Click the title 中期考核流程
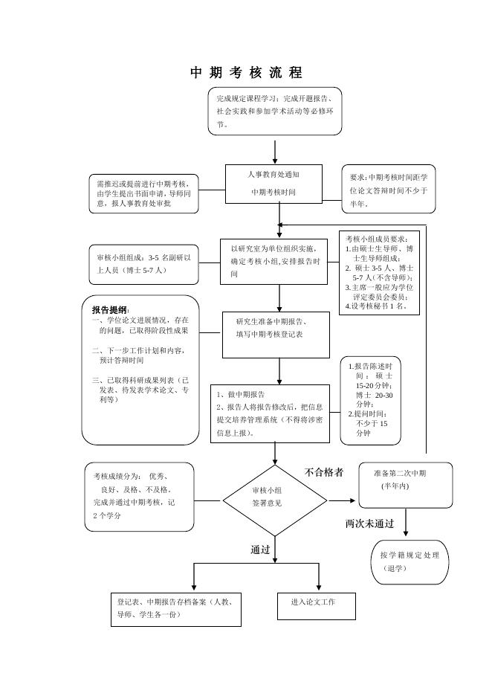[x=246, y=73]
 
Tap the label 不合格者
[x=324, y=472]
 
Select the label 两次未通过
[x=369, y=523]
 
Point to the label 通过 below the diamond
[x=260, y=550]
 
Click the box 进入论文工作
[x=317, y=605]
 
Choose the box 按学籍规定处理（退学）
[x=410, y=562]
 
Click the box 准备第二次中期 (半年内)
[x=405, y=484]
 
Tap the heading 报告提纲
[x=110, y=309]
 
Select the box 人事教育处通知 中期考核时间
[x=273, y=183]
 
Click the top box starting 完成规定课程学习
[x=274, y=111]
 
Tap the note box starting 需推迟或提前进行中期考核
[x=143, y=193]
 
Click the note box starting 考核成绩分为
[x=139, y=496]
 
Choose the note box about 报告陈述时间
[x=375, y=399]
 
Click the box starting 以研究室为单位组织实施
[x=274, y=261]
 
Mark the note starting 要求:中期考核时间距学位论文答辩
[x=388, y=190]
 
